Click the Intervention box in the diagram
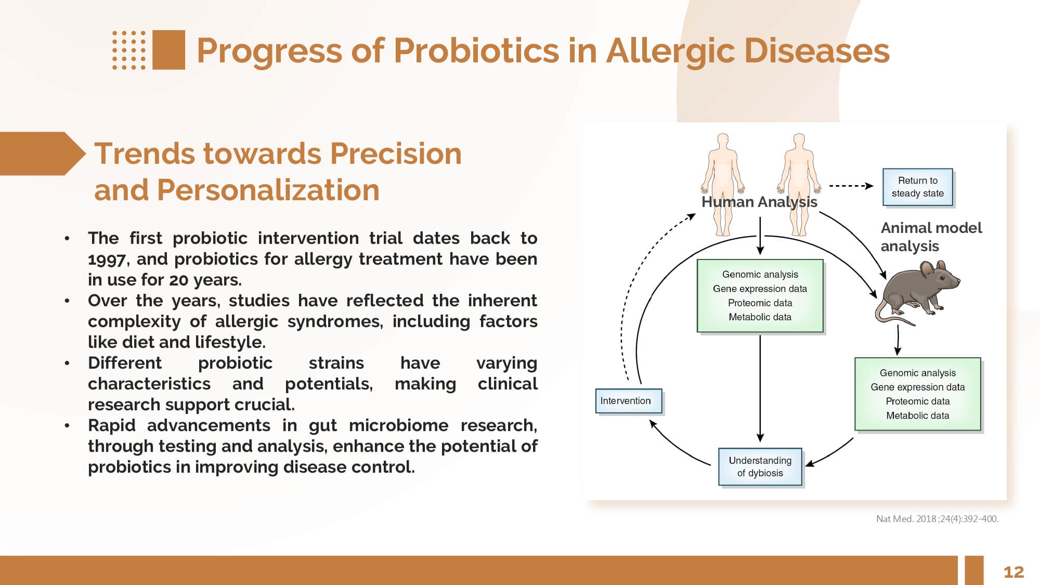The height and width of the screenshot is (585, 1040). (629, 401)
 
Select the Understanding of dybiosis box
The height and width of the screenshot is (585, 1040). (760, 466)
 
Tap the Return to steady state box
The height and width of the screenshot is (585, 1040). (918, 187)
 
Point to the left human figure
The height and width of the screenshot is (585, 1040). (723, 185)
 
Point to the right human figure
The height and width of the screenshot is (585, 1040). (799, 185)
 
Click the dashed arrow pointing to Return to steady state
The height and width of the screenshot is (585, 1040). (851, 186)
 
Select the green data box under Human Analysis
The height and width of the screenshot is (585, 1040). (760, 295)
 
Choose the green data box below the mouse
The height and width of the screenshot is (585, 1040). (918, 394)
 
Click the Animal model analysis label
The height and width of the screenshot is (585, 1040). (931, 237)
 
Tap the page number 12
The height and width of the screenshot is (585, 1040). (1013, 572)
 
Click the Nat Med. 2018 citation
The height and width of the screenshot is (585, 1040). (937, 518)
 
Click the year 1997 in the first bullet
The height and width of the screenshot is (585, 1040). (107, 259)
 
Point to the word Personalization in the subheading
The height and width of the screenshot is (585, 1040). (268, 190)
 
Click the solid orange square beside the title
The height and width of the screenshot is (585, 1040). (168, 50)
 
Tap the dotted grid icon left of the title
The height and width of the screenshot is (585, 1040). (129, 50)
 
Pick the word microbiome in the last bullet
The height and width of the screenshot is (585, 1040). (398, 425)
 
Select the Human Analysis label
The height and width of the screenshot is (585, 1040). (759, 202)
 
